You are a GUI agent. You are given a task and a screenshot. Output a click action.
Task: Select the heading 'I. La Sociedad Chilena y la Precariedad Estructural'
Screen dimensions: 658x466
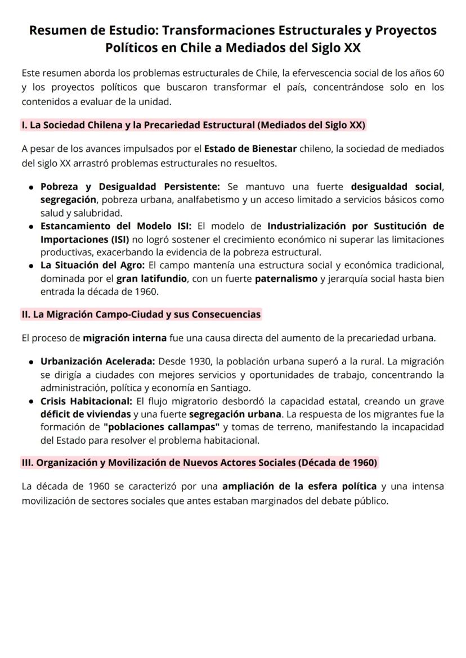tap(194, 125)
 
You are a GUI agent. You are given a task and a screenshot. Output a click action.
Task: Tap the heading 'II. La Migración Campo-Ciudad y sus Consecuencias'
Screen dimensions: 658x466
tap(141, 314)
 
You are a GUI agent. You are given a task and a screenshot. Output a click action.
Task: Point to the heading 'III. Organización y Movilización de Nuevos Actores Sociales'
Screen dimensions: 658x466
tap(199, 462)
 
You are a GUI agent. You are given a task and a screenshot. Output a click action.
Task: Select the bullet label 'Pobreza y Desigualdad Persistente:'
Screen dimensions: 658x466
tap(129, 187)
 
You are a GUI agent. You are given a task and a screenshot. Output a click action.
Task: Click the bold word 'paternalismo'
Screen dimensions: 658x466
tap(286, 279)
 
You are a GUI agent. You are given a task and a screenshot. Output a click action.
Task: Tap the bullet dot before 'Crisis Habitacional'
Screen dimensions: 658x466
tap(31, 402)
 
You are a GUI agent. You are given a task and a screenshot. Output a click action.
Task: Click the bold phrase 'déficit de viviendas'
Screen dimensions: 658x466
tap(85, 414)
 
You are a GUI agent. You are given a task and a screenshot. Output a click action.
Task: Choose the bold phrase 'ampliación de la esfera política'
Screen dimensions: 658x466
tap(299, 486)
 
